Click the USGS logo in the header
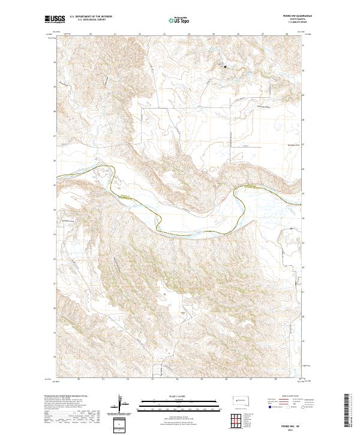point(55,20)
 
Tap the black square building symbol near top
point(226,67)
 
